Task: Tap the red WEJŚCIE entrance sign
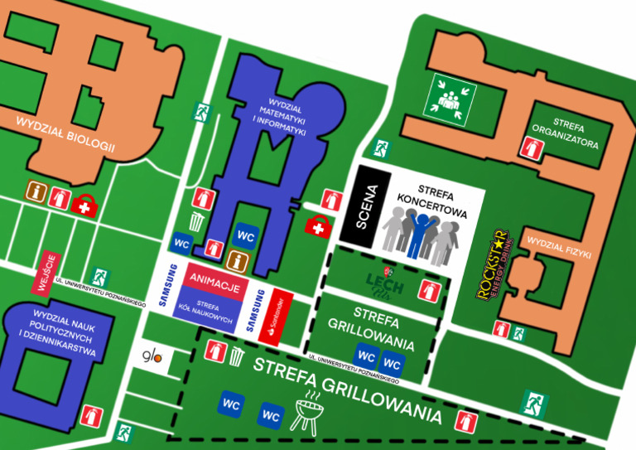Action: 47,273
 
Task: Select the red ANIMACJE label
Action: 214,284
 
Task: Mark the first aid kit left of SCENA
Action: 317,225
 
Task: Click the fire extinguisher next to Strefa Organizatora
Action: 531,148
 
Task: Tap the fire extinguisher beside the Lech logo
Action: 428,291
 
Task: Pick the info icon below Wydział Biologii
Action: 36,192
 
